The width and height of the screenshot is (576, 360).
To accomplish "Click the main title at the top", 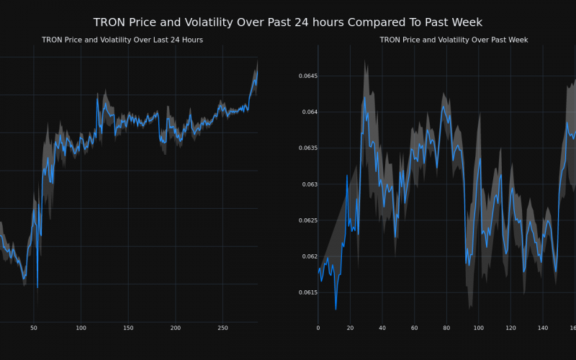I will click(x=288, y=22).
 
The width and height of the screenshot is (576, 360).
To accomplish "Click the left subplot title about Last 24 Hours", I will click(x=122, y=40).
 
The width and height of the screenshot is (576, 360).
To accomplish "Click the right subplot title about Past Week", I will click(x=454, y=40).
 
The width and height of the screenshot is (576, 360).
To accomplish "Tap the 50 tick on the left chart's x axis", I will click(x=33, y=328).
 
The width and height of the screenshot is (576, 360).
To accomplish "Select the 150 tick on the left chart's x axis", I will click(x=128, y=328).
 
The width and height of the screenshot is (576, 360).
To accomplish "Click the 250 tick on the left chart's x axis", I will click(x=222, y=328).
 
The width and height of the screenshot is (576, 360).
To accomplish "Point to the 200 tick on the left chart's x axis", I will click(x=176, y=328).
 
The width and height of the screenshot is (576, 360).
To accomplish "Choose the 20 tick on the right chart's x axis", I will click(x=350, y=328).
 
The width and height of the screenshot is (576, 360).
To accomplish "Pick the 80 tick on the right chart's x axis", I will click(x=446, y=328).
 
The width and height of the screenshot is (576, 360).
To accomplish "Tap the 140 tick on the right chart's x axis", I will click(x=543, y=328).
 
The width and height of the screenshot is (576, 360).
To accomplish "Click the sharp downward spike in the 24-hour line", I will click(x=37, y=287).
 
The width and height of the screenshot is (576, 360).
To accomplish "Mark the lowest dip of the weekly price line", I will click(x=336, y=309).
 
